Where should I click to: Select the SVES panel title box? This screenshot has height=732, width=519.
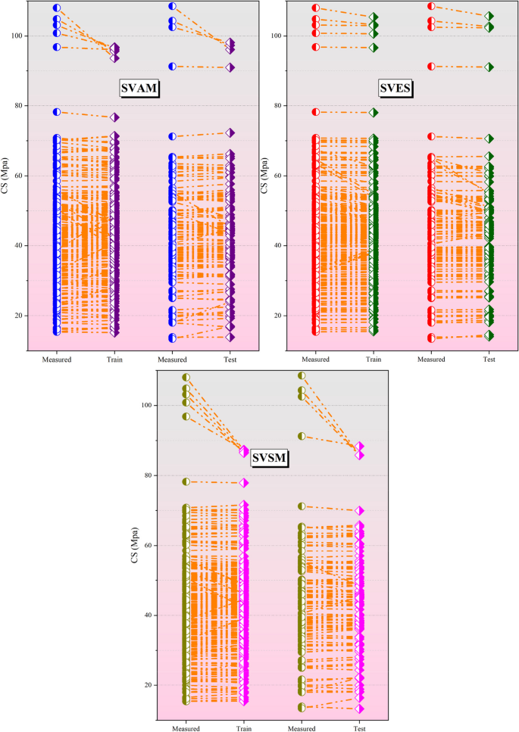point(399,89)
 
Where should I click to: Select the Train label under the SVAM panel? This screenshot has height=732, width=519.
point(114,360)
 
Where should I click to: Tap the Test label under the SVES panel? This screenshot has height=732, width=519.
point(489,360)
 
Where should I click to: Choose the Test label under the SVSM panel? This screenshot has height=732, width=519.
point(360,728)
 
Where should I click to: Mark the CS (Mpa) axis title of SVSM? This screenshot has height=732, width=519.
point(138,545)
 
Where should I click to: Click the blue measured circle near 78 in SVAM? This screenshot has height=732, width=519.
point(56,112)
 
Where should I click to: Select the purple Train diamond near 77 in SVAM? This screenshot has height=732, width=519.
point(114,117)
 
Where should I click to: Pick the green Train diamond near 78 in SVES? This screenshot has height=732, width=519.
point(374,113)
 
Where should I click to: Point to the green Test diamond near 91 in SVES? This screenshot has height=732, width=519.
point(489,67)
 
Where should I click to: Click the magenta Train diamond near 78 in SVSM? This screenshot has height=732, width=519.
point(244,482)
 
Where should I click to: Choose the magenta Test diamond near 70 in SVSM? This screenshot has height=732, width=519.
point(360,511)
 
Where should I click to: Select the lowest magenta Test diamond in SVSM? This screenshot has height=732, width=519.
point(360,709)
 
